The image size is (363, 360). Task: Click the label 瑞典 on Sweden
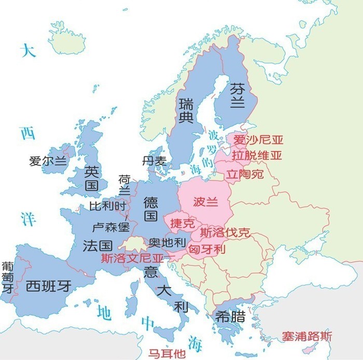coord(186,110)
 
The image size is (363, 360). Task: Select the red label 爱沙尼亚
coord(258,140)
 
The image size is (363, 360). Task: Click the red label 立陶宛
coord(244,174)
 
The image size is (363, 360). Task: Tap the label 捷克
coord(183,224)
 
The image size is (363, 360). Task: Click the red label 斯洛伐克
coord(225,233)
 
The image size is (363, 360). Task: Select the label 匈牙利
coord(207,249)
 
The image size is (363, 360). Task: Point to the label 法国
coord(97,246)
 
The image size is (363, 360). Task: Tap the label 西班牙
coord(48,285)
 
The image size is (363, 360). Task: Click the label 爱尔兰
coord(48,161)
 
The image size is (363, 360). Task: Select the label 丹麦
coord(155,161)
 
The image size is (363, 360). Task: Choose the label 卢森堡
coord(110,227)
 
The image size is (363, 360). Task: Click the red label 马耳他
coord(166,354)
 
